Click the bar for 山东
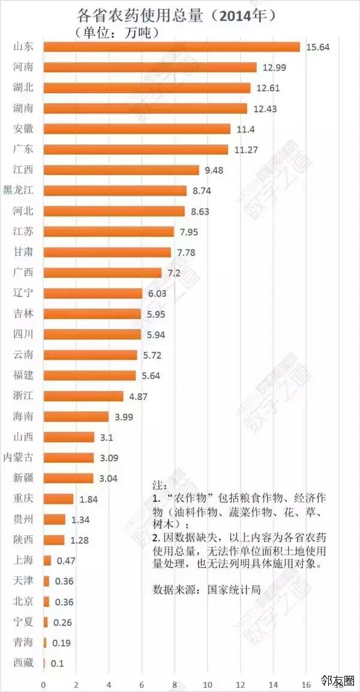click(171, 47)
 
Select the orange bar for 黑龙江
click(115, 191)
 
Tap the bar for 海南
click(76, 416)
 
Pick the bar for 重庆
click(58, 499)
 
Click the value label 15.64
click(317, 47)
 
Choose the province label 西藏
click(23, 663)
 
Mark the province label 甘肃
click(23, 252)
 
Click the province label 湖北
click(23, 88)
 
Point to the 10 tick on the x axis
click(208, 684)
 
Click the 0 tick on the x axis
click(43, 684)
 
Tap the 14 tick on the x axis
click(274, 684)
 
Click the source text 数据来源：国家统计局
click(206, 589)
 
